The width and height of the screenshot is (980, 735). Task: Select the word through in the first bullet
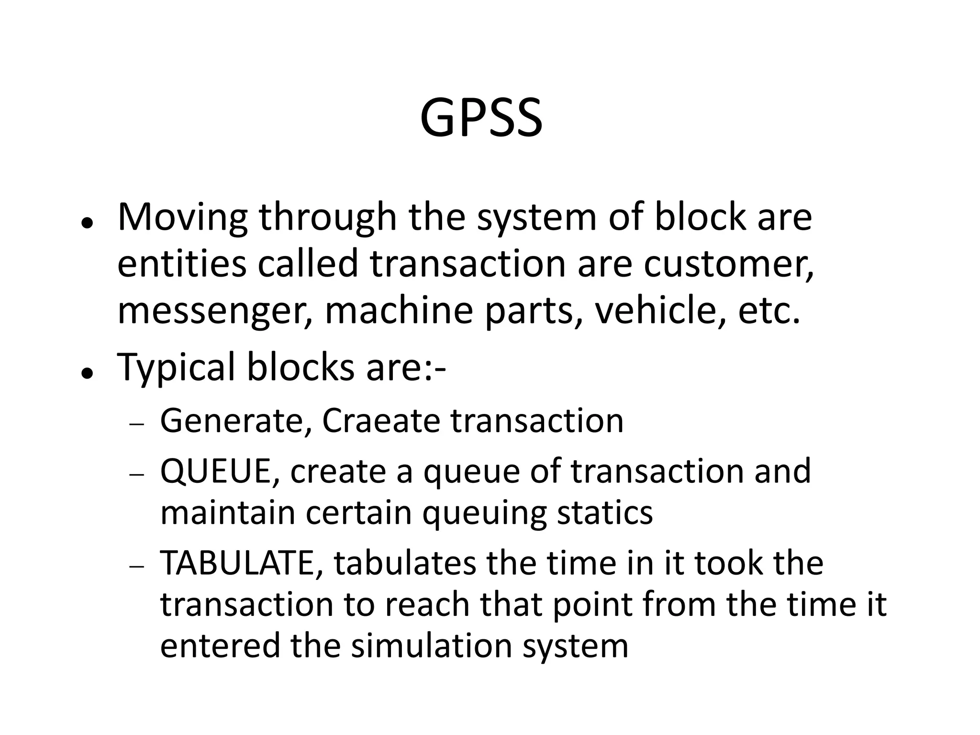pyautogui.click(x=328, y=218)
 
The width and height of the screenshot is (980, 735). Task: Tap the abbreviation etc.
pyautogui.click(x=769, y=311)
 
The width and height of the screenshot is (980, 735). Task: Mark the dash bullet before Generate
pyautogui.click(x=136, y=424)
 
